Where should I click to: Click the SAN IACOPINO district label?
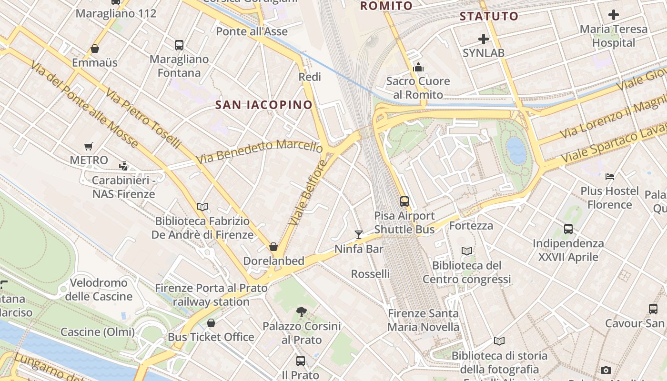pyautogui.click(x=264, y=105)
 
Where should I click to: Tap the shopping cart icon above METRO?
pyautogui.click(x=88, y=146)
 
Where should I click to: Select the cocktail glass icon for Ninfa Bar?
pyautogui.click(x=359, y=234)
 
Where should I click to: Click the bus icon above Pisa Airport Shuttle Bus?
pyautogui.click(x=404, y=201)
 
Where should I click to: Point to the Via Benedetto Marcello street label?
pyautogui.click(x=260, y=150)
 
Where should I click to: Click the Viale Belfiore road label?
pyautogui.click(x=308, y=193)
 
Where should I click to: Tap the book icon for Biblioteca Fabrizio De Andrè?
pyautogui.click(x=202, y=207)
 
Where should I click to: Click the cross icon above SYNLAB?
pyautogui.click(x=484, y=39)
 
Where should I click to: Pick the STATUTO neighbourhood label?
pyautogui.click(x=489, y=16)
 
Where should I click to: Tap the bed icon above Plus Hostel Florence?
pyautogui.click(x=610, y=177)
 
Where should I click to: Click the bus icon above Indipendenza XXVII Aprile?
pyautogui.click(x=568, y=229)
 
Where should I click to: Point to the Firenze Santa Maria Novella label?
pyautogui.click(x=423, y=320)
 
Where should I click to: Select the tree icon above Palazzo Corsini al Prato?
pyautogui.click(x=301, y=312)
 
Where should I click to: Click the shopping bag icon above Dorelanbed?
pyautogui.click(x=273, y=247)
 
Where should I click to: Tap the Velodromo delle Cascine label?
pyautogui.click(x=99, y=290)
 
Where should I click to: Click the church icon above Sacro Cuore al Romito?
pyautogui.click(x=418, y=67)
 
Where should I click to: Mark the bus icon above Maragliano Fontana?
pyautogui.click(x=179, y=45)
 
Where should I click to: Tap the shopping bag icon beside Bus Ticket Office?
pyautogui.click(x=211, y=323)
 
